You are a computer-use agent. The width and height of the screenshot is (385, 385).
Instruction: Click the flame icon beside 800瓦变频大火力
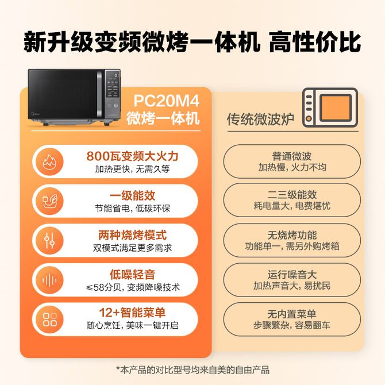[x=49, y=161]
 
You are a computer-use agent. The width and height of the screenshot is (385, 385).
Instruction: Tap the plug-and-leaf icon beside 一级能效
[x=49, y=201]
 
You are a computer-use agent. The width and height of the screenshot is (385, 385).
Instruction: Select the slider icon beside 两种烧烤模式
[x=49, y=240]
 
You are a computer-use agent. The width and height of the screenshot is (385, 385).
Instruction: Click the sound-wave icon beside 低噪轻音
[x=49, y=280]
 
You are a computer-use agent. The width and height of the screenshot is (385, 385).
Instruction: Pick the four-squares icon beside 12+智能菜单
[x=49, y=319]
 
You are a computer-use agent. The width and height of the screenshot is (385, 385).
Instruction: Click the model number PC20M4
[x=166, y=101]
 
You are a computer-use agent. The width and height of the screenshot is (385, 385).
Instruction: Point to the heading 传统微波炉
[x=260, y=120]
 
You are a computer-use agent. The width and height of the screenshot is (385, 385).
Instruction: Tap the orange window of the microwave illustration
[x=336, y=107]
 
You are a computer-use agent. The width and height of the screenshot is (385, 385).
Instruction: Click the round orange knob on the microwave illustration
[x=309, y=119]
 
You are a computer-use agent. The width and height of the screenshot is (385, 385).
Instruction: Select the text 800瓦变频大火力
[x=132, y=156]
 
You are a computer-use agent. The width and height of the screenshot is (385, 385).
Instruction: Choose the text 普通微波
[x=292, y=156]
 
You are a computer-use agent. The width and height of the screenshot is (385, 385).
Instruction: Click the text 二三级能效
[x=292, y=195]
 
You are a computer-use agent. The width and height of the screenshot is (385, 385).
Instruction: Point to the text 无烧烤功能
[x=292, y=235]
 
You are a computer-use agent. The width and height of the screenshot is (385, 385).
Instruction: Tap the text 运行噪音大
[x=292, y=275]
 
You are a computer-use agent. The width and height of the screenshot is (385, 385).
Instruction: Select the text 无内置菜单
[x=292, y=314]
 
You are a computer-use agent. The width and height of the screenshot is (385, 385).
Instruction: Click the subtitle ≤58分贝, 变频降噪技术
[x=133, y=287]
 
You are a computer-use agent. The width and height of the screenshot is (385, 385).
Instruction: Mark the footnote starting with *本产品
[x=192, y=370]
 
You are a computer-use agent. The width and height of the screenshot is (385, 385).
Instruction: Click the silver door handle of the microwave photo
[x=99, y=94]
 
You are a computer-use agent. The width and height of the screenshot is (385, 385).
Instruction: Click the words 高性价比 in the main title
[x=315, y=41]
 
